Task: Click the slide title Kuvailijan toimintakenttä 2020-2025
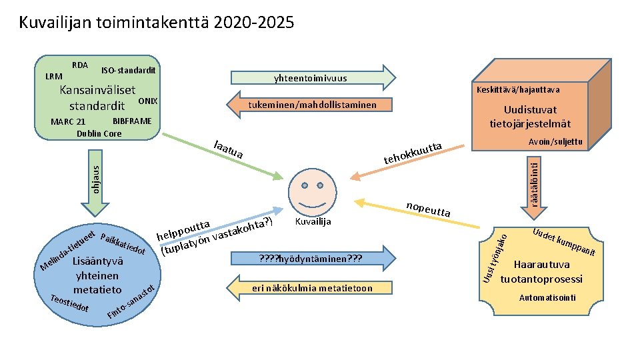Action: click(x=156, y=23)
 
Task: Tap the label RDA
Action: click(x=80, y=65)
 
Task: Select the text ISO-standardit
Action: click(x=129, y=70)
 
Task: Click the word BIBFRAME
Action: click(x=133, y=121)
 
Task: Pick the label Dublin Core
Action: click(x=99, y=133)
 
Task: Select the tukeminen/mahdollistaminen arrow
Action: click(x=312, y=105)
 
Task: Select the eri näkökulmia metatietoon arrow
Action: click(x=312, y=288)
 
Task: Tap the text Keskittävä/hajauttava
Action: click(x=518, y=90)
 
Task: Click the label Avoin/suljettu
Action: click(x=555, y=142)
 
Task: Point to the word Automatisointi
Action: click(x=547, y=297)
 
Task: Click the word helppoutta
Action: click(x=184, y=230)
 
